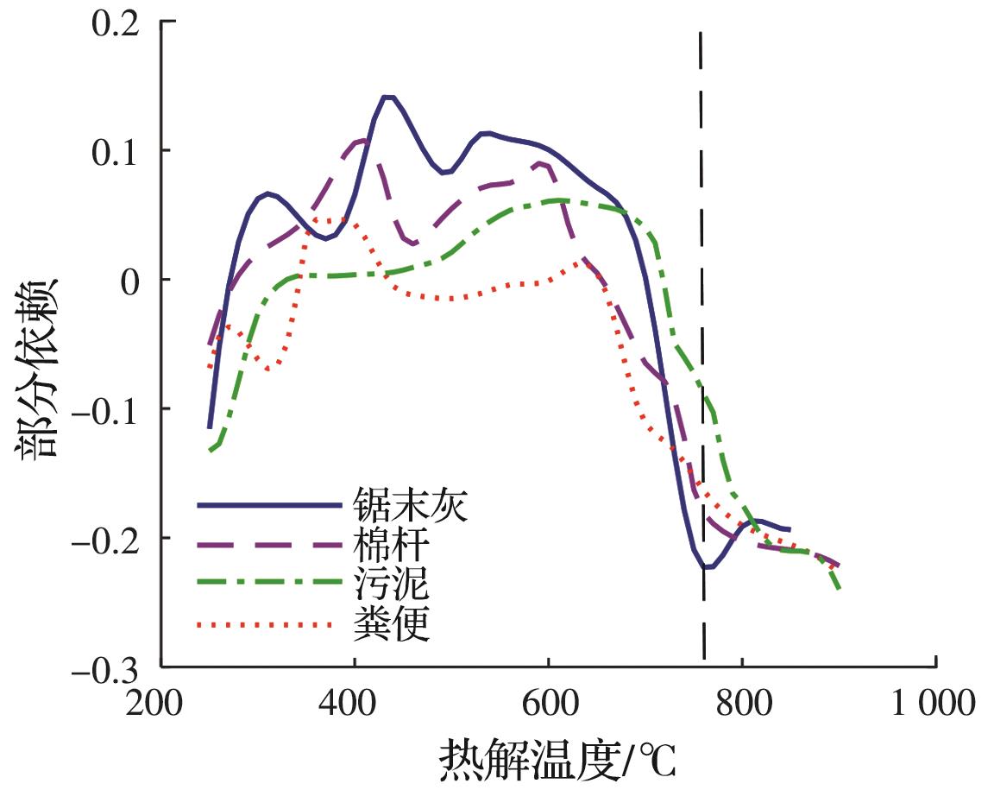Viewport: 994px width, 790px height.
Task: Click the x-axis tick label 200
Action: pyautogui.click(x=160, y=704)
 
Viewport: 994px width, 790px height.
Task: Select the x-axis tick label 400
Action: pyautogui.click(x=354, y=704)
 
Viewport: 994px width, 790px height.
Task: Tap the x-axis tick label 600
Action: pyautogui.click(x=548, y=704)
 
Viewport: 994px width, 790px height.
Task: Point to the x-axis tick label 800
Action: pyautogui.click(x=742, y=704)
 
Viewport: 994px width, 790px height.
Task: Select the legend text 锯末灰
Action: pyautogui.click(x=410, y=505)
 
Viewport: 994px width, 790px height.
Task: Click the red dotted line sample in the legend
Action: pyautogui.click(x=267, y=624)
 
